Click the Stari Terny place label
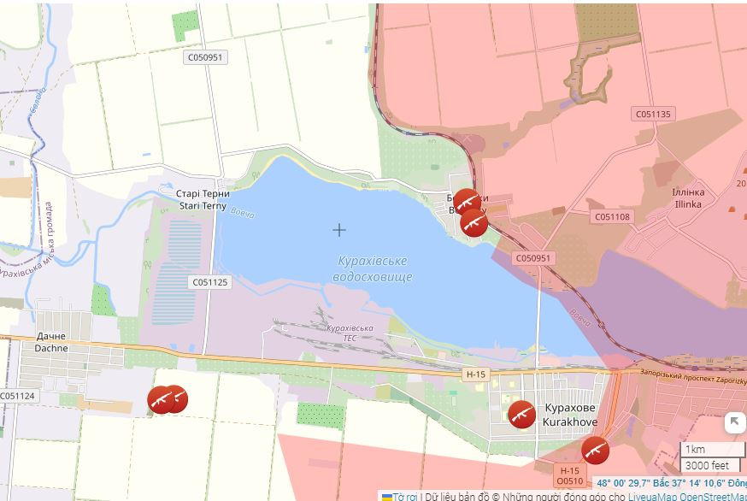tap(203, 199)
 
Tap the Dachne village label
tap(50, 342)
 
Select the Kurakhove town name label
tap(571, 414)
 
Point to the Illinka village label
tap(688, 198)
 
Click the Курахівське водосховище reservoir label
tap(373, 268)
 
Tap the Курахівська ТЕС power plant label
tap(350, 333)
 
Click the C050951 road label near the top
tap(205, 57)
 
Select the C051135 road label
tap(654, 114)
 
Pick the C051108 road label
tap(612, 217)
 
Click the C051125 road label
tap(210, 282)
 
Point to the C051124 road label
tap(17, 396)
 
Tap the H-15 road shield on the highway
tap(476, 374)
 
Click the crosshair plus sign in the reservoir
tap(339, 229)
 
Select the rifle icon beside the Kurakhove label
tap(521, 414)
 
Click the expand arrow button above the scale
tap(734, 421)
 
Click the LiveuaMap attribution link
tap(652, 496)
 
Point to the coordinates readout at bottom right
tap(670, 483)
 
